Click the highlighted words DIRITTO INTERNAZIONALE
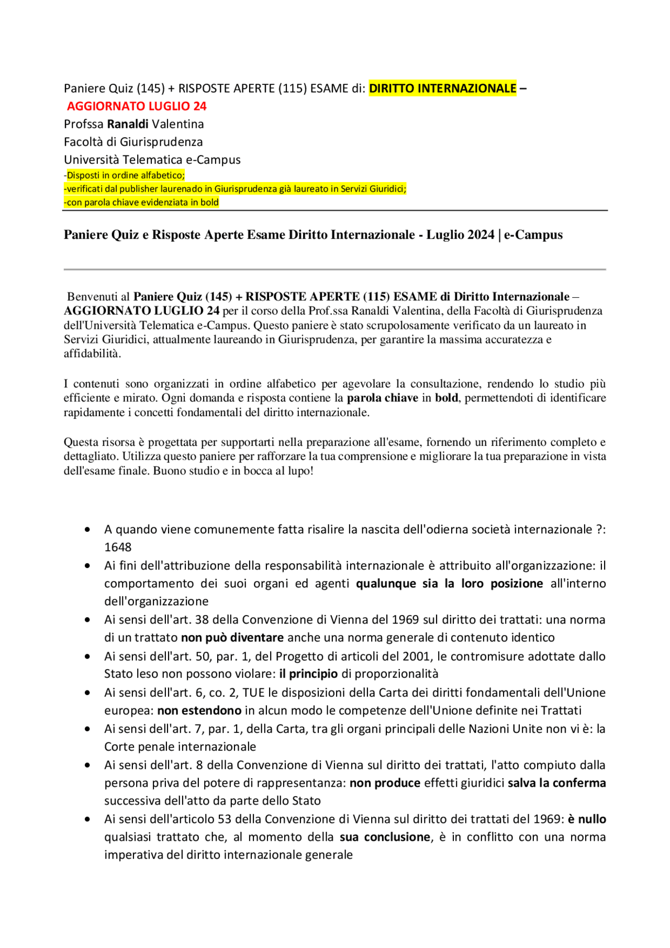(x=442, y=88)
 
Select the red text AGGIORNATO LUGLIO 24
(x=137, y=106)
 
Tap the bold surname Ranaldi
(x=128, y=124)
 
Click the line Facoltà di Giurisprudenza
(x=133, y=142)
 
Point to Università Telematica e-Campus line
(x=152, y=160)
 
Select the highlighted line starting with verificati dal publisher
(x=236, y=189)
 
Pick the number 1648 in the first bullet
(x=118, y=548)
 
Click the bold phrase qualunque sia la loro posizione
(x=449, y=584)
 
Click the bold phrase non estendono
(x=199, y=710)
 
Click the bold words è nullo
(x=587, y=819)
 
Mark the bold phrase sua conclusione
(x=385, y=837)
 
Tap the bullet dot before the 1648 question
(x=87, y=530)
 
